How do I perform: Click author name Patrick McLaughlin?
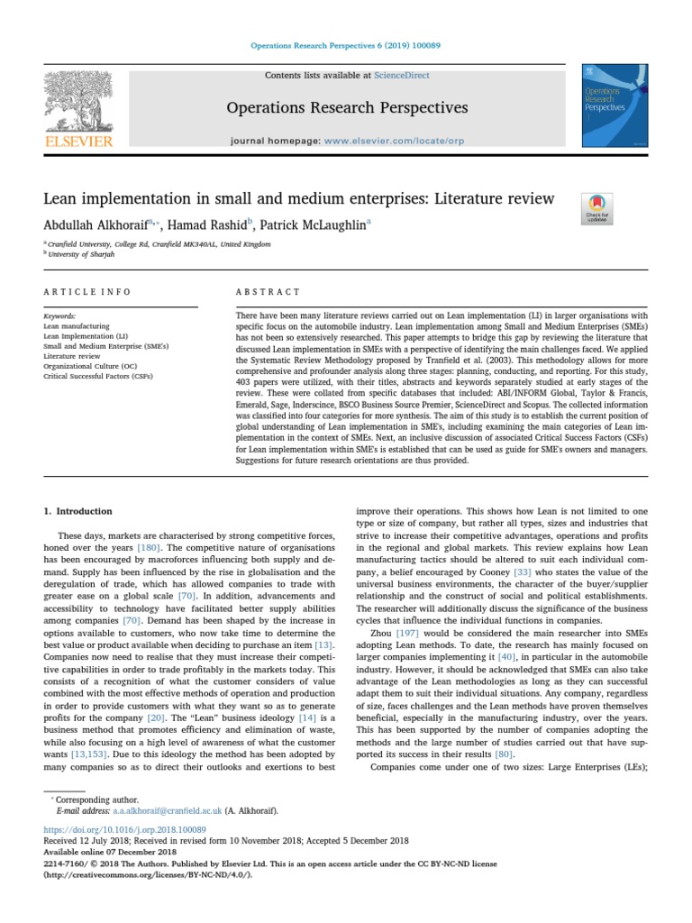pos(314,225)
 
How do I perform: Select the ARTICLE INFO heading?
pos(87,292)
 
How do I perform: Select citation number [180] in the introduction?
pos(149,547)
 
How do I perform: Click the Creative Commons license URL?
pos(148,873)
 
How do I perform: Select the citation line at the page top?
pos(346,45)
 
